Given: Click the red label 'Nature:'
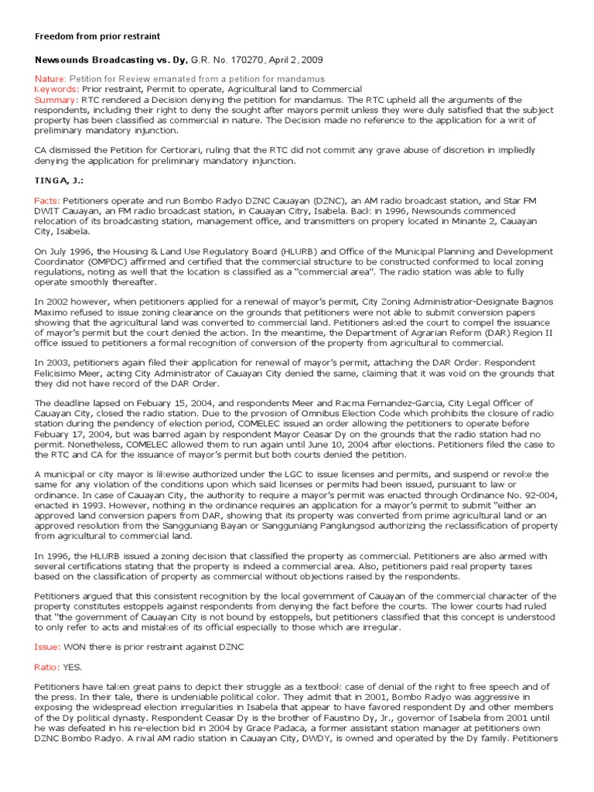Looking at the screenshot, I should (50, 80).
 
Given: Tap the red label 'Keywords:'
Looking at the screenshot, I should (56, 90).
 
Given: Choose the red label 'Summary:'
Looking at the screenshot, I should (56, 100).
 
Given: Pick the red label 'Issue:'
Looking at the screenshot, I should (47, 647).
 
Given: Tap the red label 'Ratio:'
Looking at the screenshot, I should (47, 667).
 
